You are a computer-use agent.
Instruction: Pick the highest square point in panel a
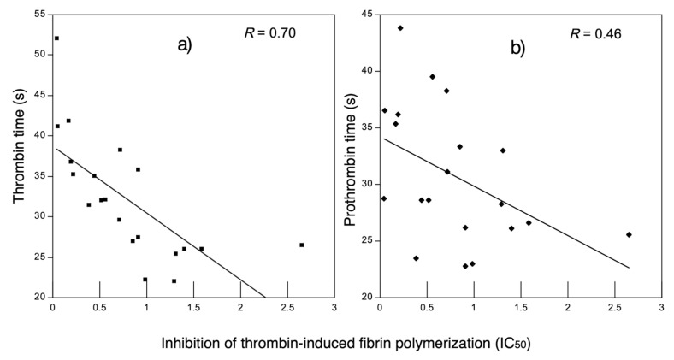coord(56,38)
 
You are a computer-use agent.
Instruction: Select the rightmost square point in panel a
coord(301,245)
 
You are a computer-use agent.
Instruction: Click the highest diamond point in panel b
coord(400,28)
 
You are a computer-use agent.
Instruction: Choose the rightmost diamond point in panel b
coord(629,234)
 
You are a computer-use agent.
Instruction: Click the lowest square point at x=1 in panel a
coord(145,280)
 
